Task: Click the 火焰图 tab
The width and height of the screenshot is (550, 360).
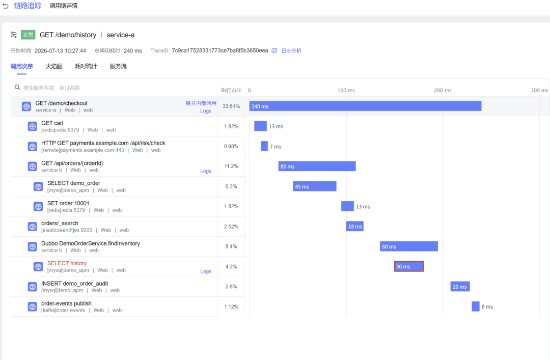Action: (x=53, y=66)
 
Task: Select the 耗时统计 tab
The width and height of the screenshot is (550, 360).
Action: (x=86, y=66)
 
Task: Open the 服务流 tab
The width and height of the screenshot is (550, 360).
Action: (x=118, y=66)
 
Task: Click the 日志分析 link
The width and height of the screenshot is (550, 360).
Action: (x=291, y=51)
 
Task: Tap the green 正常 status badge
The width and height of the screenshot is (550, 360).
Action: (x=28, y=35)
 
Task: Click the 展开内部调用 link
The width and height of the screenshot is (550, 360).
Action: (x=201, y=103)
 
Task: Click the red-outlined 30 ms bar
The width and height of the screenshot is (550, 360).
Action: (x=408, y=266)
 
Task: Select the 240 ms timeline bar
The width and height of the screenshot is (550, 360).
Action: (x=365, y=106)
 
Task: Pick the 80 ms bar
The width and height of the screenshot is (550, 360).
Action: (x=317, y=167)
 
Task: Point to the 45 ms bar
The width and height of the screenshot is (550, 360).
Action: (x=314, y=186)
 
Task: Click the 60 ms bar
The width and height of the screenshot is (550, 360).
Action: (x=408, y=246)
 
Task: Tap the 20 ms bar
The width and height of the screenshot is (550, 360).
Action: (x=460, y=287)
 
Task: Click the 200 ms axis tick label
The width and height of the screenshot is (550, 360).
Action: (x=443, y=91)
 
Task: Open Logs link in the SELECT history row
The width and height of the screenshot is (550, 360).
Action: (x=206, y=271)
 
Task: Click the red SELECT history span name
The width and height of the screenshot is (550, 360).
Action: (x=67, y=263)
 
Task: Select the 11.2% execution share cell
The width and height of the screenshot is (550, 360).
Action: (x=231, y=167)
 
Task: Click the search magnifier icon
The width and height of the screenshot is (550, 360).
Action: (x=17, y=88)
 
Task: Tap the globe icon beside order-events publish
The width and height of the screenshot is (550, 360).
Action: (x=32, y=307)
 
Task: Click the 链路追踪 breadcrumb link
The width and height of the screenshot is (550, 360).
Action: (x=28, y=6)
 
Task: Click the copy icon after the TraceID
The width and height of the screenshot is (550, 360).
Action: (x=274, y=50)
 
